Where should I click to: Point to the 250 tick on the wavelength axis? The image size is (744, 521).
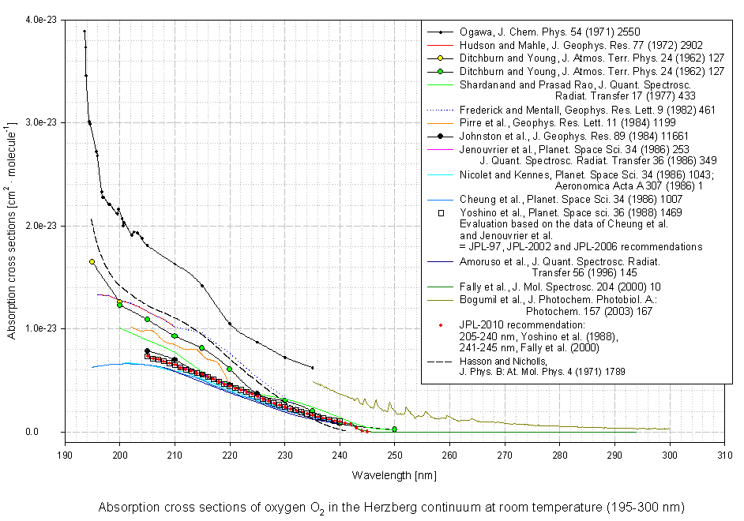(x=394, y=455)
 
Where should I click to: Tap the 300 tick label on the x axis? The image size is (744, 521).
(x=670, y=455)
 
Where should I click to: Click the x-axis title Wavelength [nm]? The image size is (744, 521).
(x=394, y=476)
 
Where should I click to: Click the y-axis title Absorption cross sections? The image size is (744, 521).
(x=12, y=226)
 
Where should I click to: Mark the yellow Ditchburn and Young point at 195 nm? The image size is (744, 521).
(x=92, y=261)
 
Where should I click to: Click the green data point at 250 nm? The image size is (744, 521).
(x=394, y=429)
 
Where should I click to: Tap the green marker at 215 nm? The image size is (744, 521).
(x=202, y=348)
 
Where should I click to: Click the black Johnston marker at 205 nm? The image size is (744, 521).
(x=147, y=350)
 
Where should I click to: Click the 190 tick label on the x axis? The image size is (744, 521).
(x=64, y=455)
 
